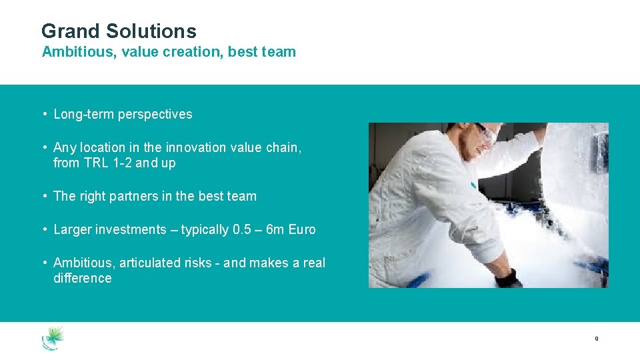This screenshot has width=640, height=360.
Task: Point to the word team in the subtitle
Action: point(280,52)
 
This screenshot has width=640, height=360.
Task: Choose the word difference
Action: point(83,279)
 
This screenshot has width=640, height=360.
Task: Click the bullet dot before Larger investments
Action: point(44,229)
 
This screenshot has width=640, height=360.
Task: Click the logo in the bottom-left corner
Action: point(53,338)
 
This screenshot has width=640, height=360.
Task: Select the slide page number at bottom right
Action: point(596,339)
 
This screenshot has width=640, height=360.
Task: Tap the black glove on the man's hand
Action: point(509,278)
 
